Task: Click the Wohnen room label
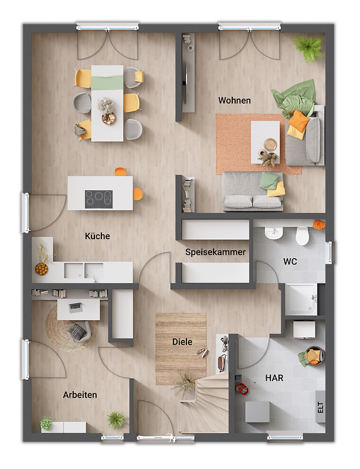pos(235,100)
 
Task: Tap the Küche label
pos(97,236)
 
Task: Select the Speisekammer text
pos(215,252)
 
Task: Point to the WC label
pos(290,261)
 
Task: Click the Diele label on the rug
pos(182,342)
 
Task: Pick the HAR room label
pos(274,378)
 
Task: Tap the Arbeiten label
pos(80,395)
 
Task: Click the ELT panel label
pos(321,407)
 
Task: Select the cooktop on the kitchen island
pos(99,199)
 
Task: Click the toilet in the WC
pos(302,236)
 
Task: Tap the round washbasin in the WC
pos(273,233)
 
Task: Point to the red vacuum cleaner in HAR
pos(244,389)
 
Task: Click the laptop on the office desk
pos(76,307)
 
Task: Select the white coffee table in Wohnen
pos(265,142)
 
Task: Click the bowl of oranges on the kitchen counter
pos(42,269)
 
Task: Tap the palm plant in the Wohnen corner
pos(308,48)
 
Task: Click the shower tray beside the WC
pos(301,300)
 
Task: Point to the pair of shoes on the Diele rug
pos(203,353)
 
